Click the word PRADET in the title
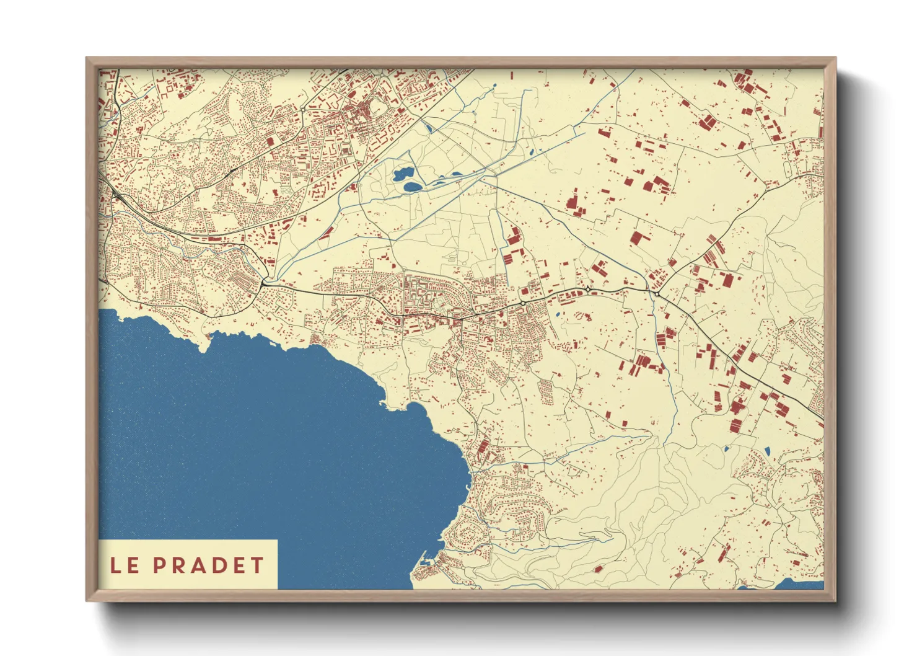point(209,565)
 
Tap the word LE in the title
point(125,565)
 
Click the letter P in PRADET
point(160,565)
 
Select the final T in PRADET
point(258,565)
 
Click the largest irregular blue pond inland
point(403,173)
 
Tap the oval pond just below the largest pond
point(411,185)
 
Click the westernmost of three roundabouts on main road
point(522,302)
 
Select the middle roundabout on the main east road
point(587,289)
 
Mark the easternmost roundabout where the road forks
point(656,293)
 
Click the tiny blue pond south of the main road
point(558,314)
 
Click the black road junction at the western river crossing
point(265,282)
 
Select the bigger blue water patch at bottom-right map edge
point(799,584)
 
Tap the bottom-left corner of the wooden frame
point(87,600)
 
